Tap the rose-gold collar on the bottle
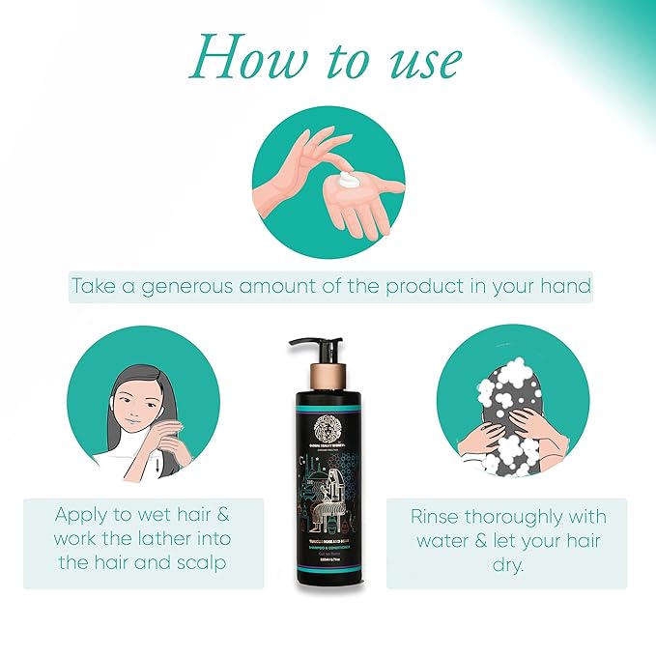pos(328,373)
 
